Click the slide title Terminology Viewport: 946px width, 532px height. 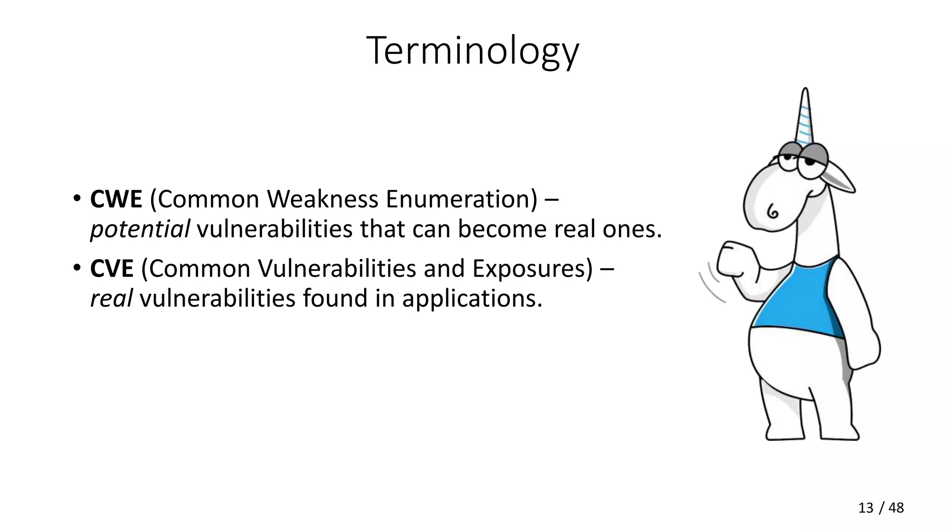(x=472, y=51)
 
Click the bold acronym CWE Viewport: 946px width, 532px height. (x=116, y=199)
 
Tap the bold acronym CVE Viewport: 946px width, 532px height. (x=112, y=269)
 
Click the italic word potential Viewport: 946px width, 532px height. (x=140, y=230)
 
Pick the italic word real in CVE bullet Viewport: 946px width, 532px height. (x=111, y=298)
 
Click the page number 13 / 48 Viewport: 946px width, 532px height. (x=880, y=508)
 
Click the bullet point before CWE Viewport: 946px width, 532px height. (x=77, y=199)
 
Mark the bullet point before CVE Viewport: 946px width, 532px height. (x=77, y=269)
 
